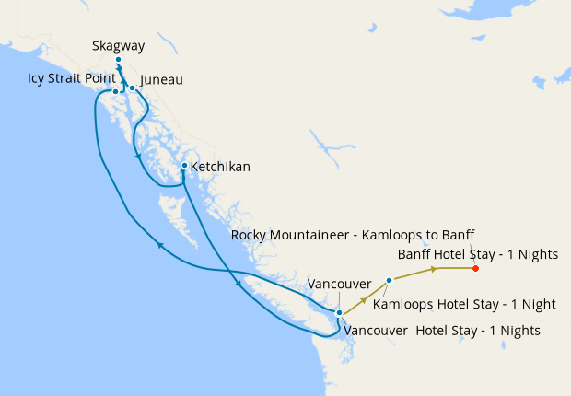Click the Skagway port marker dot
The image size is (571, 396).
pyautogui.click(x=118, y=60)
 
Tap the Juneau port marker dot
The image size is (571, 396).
pyautogui.click(x=132, y=88)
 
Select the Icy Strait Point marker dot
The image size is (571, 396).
pyautogui.click(x=115, y=92)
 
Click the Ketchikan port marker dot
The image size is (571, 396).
pyautogui.click(x=184, y=166)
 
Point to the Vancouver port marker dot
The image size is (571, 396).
pyautogui.click(x=339, y=313)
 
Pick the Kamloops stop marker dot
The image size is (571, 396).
pyautogui.click(x=390, y=280)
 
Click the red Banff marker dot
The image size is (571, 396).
pyautogui.click(x=475, y=268)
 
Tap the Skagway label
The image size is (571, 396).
pyautogui.click(x=118, y=45)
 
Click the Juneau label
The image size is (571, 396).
pyautogui.click(x=162, y=80)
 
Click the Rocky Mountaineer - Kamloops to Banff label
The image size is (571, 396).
pyautogui.click(x=353, y=234)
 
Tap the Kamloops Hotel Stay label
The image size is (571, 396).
pyautogui.click(x=464, y=303)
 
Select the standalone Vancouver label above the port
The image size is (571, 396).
pyautogui.click(x=339, y=284)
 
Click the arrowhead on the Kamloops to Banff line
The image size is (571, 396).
pyautogui.click(x=433, y=269)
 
